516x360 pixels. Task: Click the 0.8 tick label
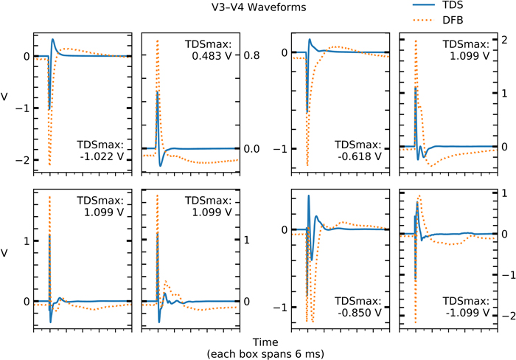point(251,54)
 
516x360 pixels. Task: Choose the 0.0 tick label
point(251,170)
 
